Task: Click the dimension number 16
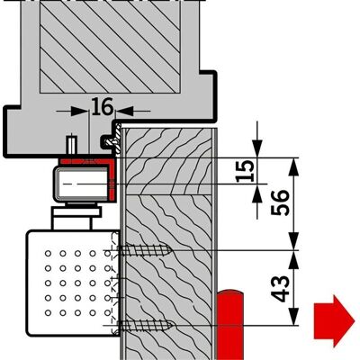[x=103, y=107]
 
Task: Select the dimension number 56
[x=280, y=202]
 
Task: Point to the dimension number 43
[x=280, y=288]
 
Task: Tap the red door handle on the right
[x=230, y=324]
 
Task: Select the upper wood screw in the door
[x=145, y=250]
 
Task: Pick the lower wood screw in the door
[x=145, y=325]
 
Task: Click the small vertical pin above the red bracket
[x=71, y=144]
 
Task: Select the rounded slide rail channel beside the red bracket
[x=81, y=184]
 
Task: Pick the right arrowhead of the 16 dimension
[x=124, y=111]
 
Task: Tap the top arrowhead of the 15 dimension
[x=257, y=148]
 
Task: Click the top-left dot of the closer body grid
[x=48, y=254]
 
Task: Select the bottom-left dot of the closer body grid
[x=48, y=312]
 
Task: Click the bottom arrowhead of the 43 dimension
[x=294, y=316]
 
